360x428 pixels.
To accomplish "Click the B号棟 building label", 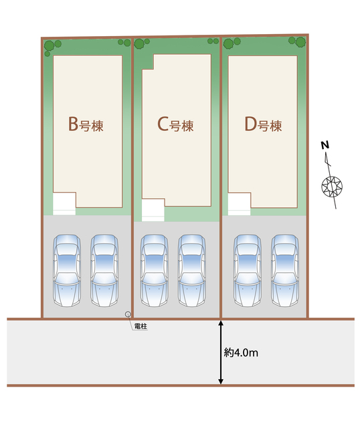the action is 86,124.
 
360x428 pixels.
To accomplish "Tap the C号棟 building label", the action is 175,124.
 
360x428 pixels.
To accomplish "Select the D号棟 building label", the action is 263,124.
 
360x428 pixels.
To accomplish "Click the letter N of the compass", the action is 325,145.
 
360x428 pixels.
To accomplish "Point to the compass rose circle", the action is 332,187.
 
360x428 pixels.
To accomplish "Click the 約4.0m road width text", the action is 241,352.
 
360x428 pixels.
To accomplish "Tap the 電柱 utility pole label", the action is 141,326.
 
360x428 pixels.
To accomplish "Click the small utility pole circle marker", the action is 128,314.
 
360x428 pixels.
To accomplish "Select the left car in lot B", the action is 67,270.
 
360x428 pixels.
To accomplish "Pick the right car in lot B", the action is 104,270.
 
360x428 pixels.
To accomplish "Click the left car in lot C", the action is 155,270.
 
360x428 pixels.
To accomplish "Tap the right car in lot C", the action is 192,270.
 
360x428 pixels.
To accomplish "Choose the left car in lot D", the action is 248,270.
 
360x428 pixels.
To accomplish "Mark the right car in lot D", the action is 285,270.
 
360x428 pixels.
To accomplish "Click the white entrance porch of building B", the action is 64,203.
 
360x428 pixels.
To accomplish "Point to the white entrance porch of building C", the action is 153,210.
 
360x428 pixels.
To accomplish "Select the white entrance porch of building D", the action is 240,204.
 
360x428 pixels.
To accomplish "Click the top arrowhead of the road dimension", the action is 221,324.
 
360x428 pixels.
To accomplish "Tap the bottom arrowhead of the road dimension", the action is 221,381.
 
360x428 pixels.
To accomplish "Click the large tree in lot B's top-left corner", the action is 50,45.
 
